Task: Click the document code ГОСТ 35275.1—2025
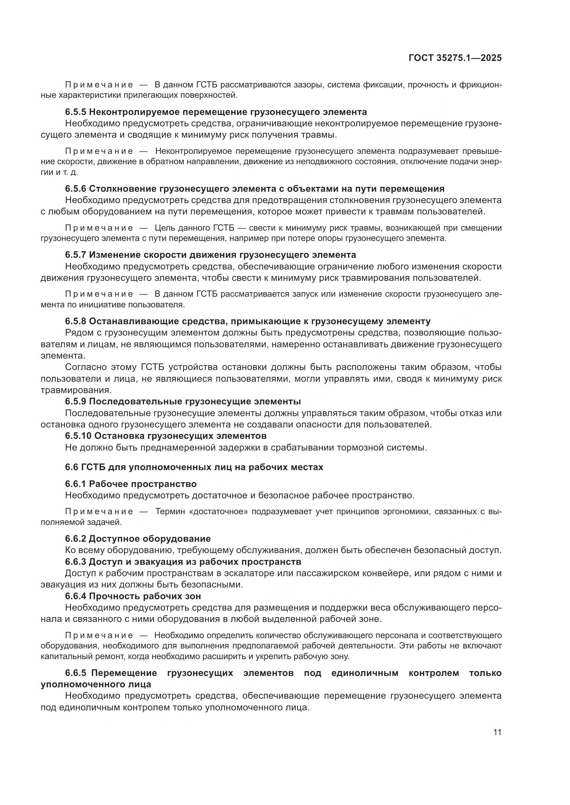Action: click(x=455, y=58)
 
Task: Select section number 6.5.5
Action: click(x=75, y=112)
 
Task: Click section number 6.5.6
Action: click(x=75, y=189)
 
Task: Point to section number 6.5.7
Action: click(x=75, y=255)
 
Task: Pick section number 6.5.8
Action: click(x=75, y=321)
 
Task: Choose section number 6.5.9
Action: click(x=75, y=401)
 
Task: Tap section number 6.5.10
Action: click(x=78, y=436)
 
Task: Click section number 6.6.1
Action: click(x=75, y=484)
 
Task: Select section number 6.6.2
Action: click(x=75, y=539)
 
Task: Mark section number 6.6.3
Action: click(x=75, y=562)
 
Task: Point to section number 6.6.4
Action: click(x=75, y=596)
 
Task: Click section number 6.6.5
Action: click(x=75, y=673)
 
